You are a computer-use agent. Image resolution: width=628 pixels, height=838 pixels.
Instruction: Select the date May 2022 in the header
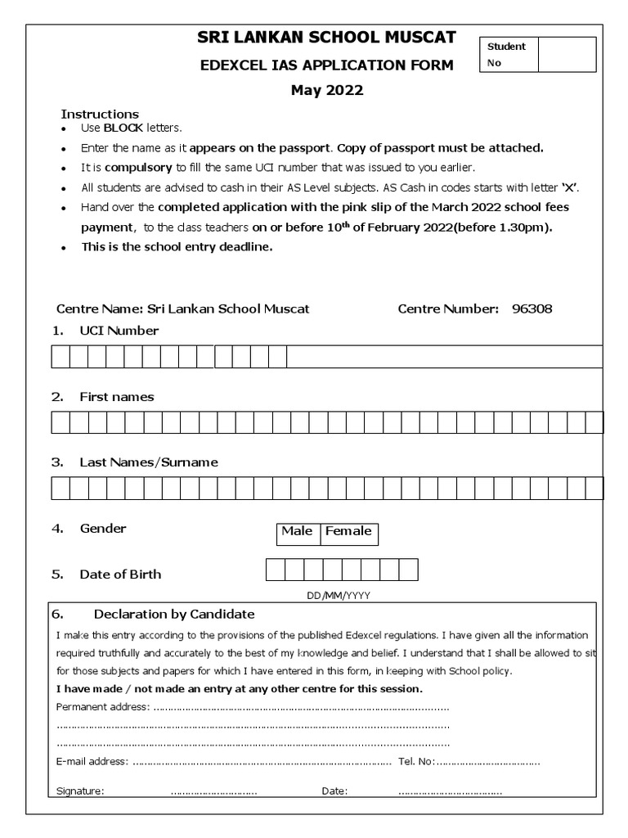[x=327, y=91]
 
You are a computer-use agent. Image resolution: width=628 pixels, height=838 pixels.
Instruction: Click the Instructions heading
[x=100, y=114]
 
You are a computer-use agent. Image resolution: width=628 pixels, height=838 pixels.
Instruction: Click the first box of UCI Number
[x=61, y=358]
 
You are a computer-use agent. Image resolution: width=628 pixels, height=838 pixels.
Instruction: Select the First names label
[x=116, y=397]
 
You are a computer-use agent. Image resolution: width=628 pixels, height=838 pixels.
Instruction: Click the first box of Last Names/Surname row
[x=61, y=489]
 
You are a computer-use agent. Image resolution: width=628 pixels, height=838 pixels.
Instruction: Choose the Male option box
[x=297, y=532]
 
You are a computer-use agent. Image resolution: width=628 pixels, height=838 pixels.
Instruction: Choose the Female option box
[x=348, y=532]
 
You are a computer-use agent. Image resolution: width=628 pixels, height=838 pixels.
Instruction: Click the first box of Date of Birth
[x=275, y=570]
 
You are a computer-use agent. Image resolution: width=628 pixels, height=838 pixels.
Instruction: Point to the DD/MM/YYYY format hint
[x=339, y=597]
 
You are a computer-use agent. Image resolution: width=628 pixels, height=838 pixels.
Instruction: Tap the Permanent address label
[x=102, y=706]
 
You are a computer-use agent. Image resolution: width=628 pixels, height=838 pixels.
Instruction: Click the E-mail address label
[x=92, y=762]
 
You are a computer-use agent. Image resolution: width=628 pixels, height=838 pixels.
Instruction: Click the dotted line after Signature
[x=213, y=791]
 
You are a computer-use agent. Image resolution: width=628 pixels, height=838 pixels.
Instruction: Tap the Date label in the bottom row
[x=334, y=791]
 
